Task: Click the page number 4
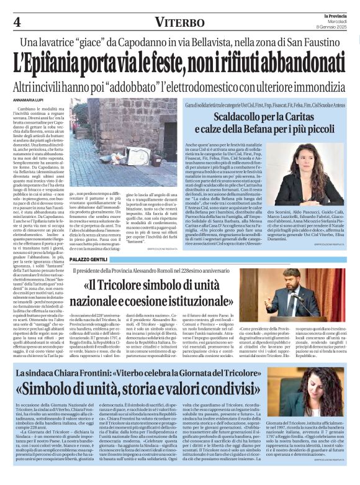(x=17, y=22)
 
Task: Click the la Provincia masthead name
(x=332, y=14)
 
